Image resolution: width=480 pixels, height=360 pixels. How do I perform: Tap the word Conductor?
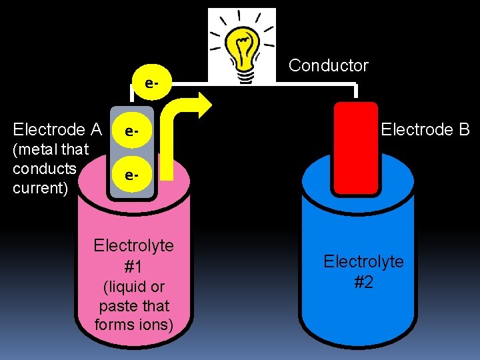[x=328, y=65]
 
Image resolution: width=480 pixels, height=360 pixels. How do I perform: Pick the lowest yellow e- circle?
[x=131, y=175]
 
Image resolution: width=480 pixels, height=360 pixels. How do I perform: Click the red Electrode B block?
[x=355, y=147]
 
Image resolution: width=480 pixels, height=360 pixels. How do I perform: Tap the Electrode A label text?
[x=57, y=129]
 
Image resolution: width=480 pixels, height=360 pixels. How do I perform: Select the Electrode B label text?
[x=425, y=129]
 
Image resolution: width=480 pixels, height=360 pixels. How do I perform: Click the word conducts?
[x=45, y=169]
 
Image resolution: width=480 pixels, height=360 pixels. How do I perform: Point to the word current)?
[x=41, y=188]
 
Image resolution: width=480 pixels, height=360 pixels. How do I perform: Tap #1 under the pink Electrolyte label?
[x=133, y=267]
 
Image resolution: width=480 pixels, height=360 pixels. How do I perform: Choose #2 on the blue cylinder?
[x=363, y=282]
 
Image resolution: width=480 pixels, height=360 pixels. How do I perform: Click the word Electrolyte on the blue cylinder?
[x=363, y=261]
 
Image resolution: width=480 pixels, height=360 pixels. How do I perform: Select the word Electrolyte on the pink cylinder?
[x=133, y=245]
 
